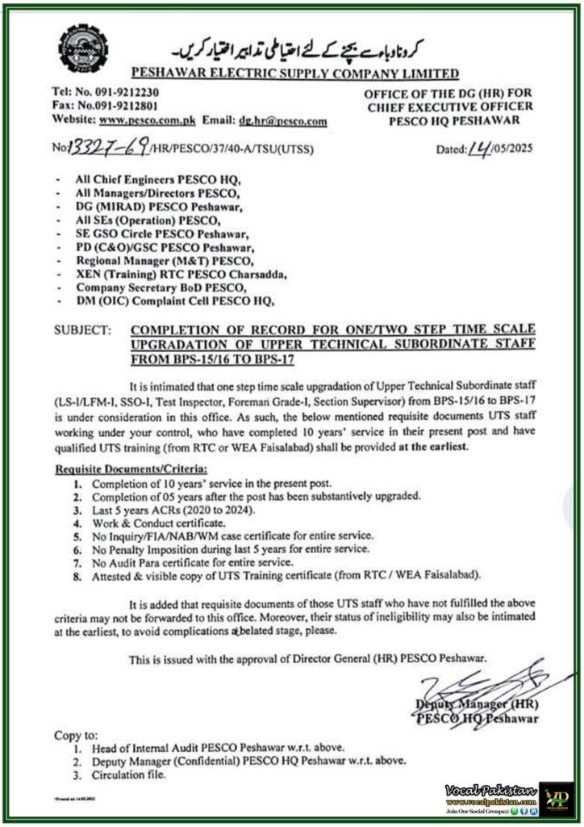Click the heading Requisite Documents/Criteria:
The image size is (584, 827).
pyautogui.click(x=130, y=469)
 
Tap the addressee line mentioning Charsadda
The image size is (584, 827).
pyautogui.click(x=165, y=275)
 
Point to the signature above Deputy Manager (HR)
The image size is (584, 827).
pyautogui.click(x=476, y=683)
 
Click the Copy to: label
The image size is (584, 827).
pyautogui.click(x=76, y=736)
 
